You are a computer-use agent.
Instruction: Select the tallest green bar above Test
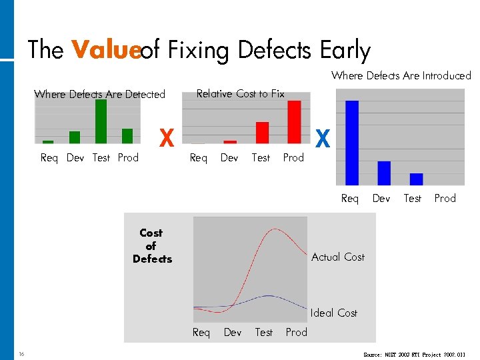click(101, 121)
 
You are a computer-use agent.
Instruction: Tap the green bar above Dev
click(75, 137)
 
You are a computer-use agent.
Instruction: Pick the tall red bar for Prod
click(294, 122)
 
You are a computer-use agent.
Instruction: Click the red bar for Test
click(262, 133)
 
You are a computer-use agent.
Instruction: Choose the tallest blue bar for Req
click(352, 142)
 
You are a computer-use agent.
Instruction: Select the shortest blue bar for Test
click(416, 179)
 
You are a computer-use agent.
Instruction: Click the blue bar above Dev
click(384, 173)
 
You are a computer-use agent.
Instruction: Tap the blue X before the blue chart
click(323, 139)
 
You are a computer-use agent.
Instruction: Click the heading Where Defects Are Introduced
click(401, 76)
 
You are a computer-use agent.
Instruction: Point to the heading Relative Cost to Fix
click(240, 94)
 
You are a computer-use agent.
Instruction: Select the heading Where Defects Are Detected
click(99, 95)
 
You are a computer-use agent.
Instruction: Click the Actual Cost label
click(337, 257)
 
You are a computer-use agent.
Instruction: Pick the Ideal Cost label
click(333, 313)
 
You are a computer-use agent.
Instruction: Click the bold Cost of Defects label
click(151, 246)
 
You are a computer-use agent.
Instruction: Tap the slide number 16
click(22, 353)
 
